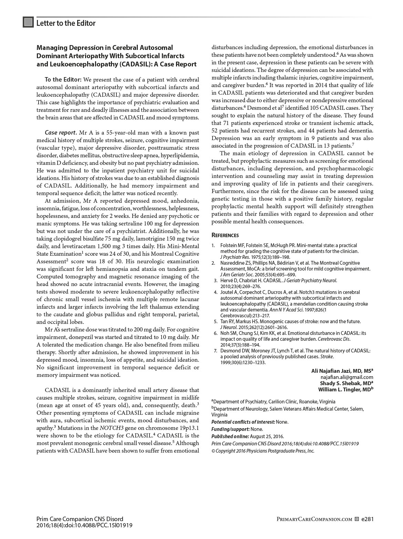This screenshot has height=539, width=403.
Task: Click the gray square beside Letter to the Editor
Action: click(x=28, y=22)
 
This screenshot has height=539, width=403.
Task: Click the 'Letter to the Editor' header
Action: click(x=65, y=23)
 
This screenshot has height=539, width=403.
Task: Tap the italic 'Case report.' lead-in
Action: click(x=61, y=133)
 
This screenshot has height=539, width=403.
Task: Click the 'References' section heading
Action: click(x=225, y=235)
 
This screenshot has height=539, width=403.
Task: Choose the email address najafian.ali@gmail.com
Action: click(x=347, y=377)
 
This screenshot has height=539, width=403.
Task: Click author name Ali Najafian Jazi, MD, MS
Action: click(x=341, y=371)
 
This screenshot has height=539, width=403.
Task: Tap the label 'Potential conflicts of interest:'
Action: click(x=243, y=422)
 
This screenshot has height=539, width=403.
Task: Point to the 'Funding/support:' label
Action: click(x=230, y=429)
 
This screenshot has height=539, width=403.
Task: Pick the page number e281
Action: click(x=367, y=519)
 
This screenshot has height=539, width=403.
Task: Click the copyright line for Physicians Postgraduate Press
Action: click(x=263, y=451)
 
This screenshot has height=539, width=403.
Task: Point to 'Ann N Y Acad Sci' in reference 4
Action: click(x=287, y=310)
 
